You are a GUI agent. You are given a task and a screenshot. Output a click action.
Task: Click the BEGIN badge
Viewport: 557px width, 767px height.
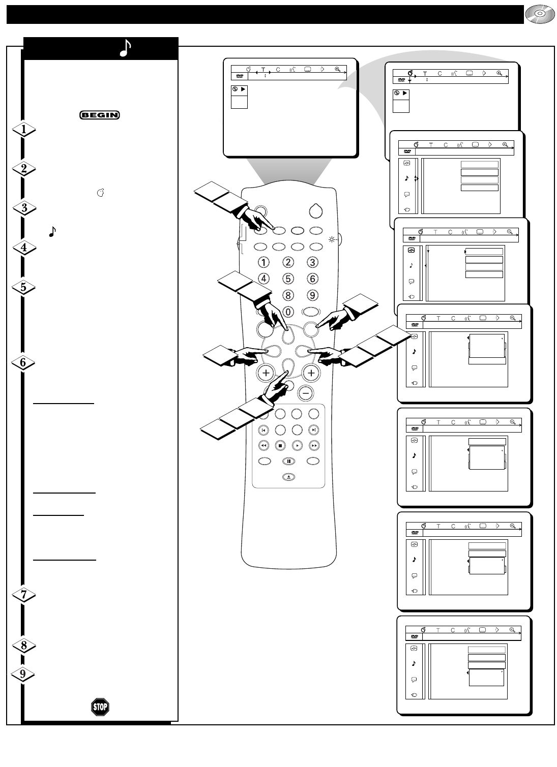tap(99, 115)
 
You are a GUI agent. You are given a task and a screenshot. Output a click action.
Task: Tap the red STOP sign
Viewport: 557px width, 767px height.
tap(100, 707)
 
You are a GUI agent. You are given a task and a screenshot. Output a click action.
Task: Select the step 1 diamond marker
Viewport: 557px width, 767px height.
tap(24, 130)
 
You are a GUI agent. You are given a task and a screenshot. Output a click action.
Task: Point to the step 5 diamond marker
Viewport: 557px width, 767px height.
tap(24, 287)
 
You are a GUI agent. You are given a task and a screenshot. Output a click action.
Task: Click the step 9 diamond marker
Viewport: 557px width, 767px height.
tap(24, 674)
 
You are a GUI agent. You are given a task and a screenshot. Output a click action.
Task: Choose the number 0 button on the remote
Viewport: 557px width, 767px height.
tap(288, 312)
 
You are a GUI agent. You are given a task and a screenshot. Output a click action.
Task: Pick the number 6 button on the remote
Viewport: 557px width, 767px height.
tap(312, 279)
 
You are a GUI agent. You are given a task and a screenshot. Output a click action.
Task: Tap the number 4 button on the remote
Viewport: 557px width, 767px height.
tap(263, 279)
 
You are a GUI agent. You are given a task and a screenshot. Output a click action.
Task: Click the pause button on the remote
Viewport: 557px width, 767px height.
tap(288, 461)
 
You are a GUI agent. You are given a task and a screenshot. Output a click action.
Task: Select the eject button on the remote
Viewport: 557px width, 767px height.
tap(288, 477)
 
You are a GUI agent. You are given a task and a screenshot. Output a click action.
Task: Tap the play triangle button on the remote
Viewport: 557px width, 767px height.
tap(297, 445)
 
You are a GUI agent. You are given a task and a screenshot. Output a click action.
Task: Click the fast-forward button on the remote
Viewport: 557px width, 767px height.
tap(314, 445)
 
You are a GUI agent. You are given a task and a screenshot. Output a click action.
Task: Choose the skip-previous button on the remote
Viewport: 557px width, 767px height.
tap(263, 429)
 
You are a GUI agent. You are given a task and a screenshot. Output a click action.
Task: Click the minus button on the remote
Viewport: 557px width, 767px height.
tap(305, 393)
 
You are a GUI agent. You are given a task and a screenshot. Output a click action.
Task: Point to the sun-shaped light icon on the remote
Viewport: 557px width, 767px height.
tap(332, 239)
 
